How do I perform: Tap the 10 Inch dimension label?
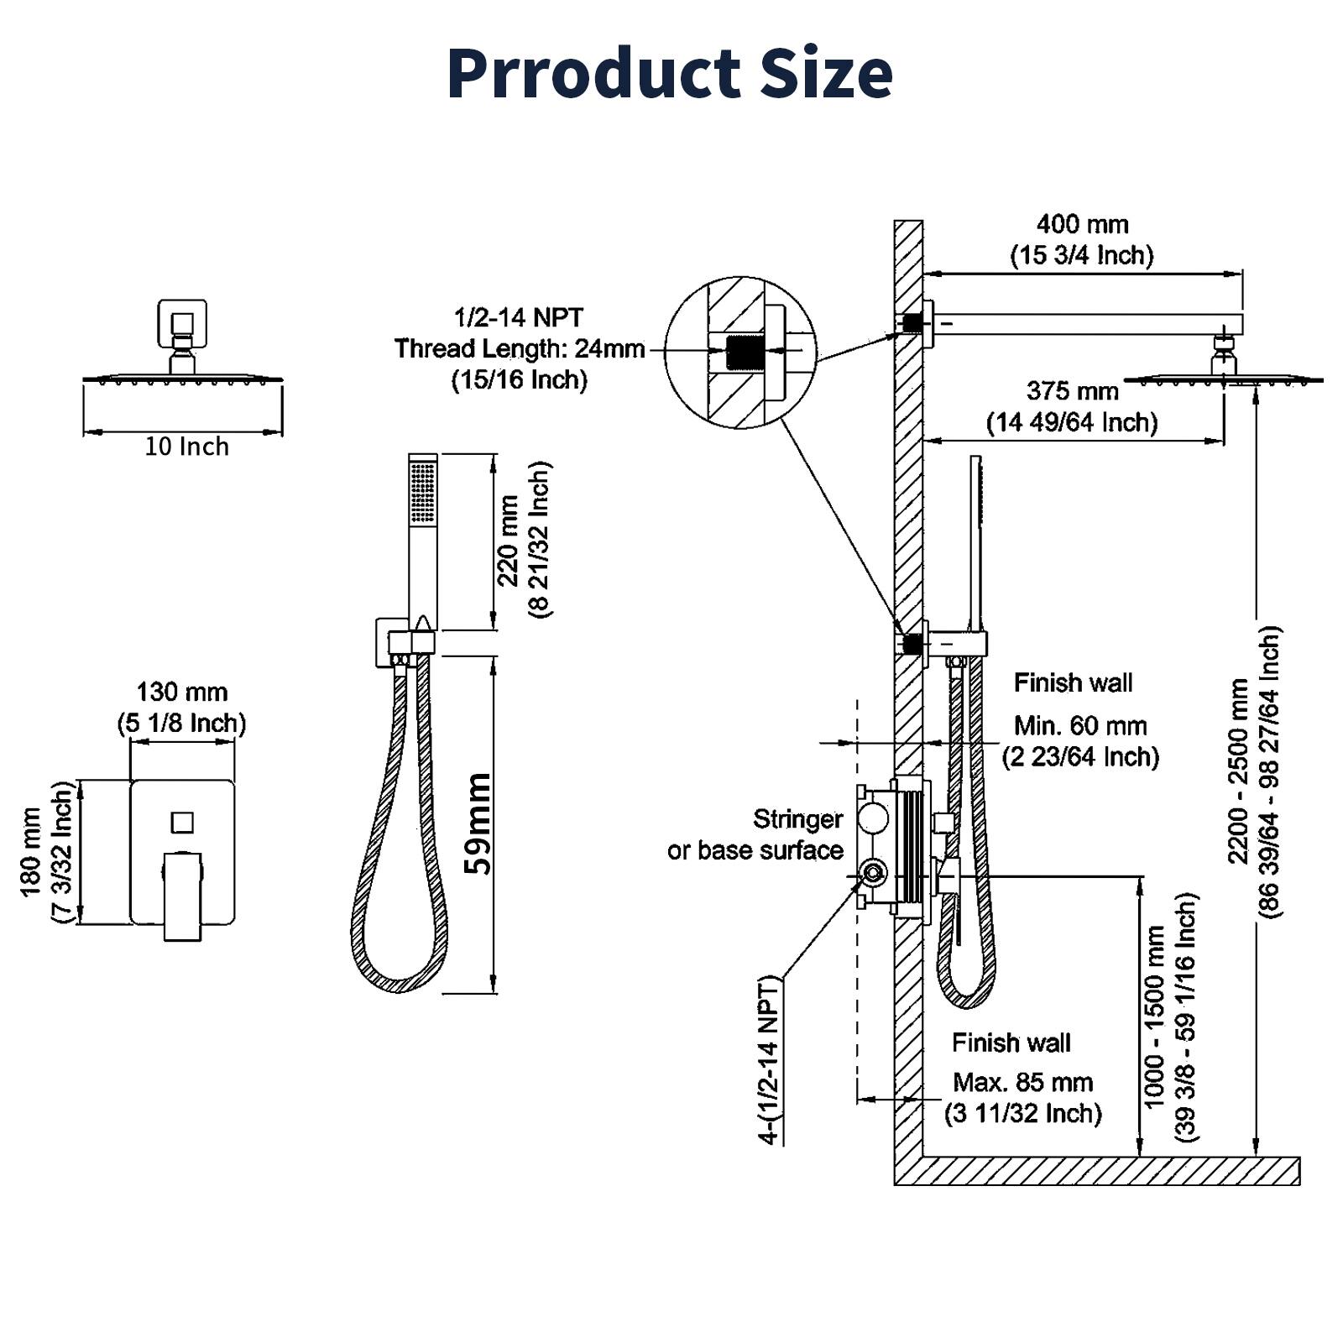coord(186,447)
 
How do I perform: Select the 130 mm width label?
coord(182,692)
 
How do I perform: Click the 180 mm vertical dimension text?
coord(32,852)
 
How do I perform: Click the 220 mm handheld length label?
coord(508,541)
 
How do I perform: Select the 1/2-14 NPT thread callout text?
coord(519,318)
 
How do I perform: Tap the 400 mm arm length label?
coord(1082,224)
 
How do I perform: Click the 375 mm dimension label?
coord(1072,391)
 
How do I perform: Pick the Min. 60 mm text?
coord(1079,725)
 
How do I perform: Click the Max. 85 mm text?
coord(1023,1082)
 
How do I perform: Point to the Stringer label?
coord(797,819)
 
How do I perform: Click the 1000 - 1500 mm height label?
coord(1156,1016)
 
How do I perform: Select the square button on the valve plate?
coord(182,822)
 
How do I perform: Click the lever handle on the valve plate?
coord(182,894)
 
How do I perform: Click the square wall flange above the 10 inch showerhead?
coord(182,324)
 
